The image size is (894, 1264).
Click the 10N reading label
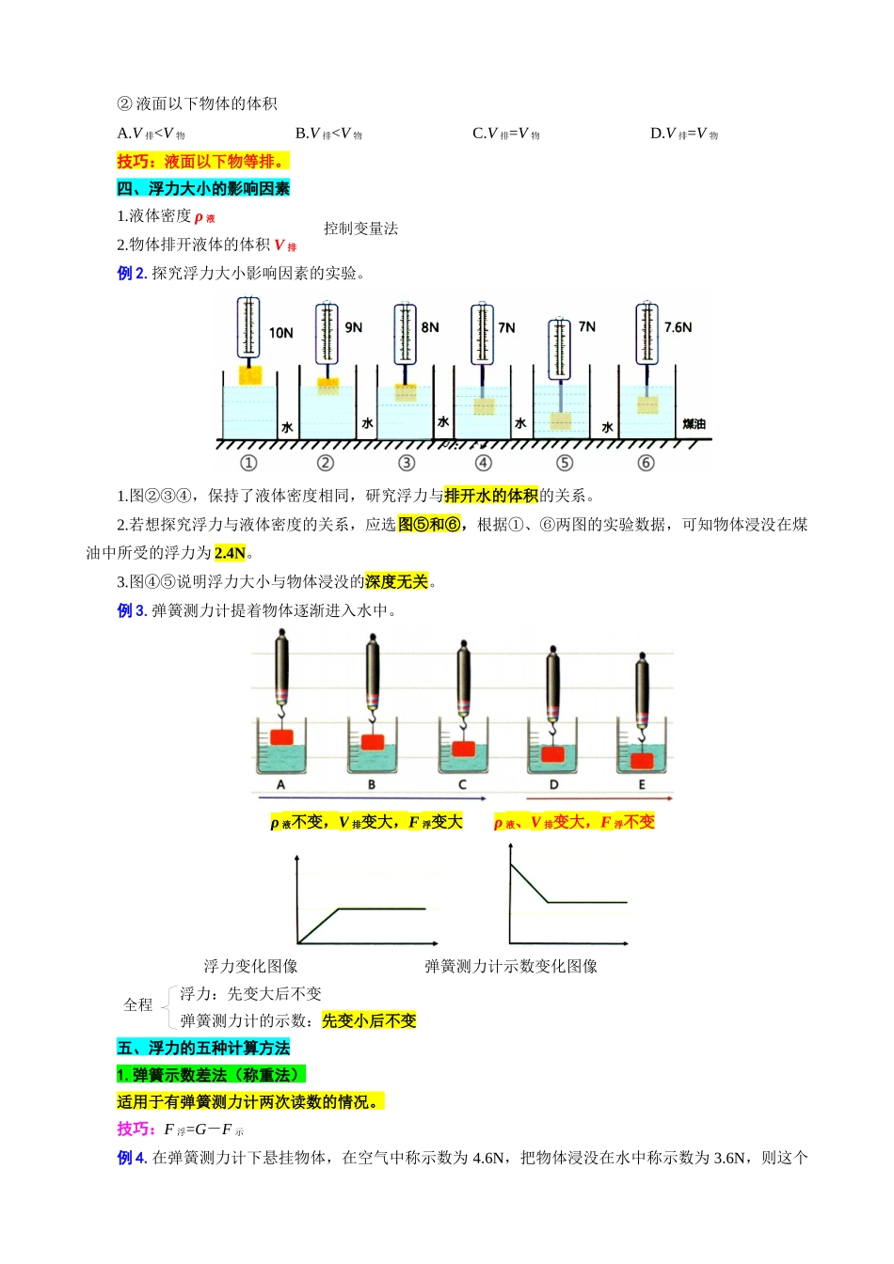point(280,333)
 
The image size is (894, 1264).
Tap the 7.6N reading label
point(678,327)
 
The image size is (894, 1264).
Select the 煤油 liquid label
point(694,424)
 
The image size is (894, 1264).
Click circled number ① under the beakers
point(248,463)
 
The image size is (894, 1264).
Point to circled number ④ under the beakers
point(483,463)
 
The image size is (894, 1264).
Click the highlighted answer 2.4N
point(230,553)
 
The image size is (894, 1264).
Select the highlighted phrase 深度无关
point(396,582)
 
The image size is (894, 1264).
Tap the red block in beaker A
point(282,736)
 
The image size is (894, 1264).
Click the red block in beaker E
point(642,760)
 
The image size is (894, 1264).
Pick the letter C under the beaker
point(462,784)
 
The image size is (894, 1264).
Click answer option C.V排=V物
point(505,134)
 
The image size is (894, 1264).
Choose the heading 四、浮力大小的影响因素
point(203,189)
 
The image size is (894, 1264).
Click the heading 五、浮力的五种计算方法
point(203,1048)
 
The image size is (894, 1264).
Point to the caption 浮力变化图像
point(250,966)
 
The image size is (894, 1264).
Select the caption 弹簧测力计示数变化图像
point(510,966)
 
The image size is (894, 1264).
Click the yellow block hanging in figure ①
point(249,375)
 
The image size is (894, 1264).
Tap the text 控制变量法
point(360,229)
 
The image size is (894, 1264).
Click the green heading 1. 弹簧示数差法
point(211,1075)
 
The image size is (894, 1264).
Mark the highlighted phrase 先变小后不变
point(369,1020)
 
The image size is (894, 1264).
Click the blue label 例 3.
point(132,610)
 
